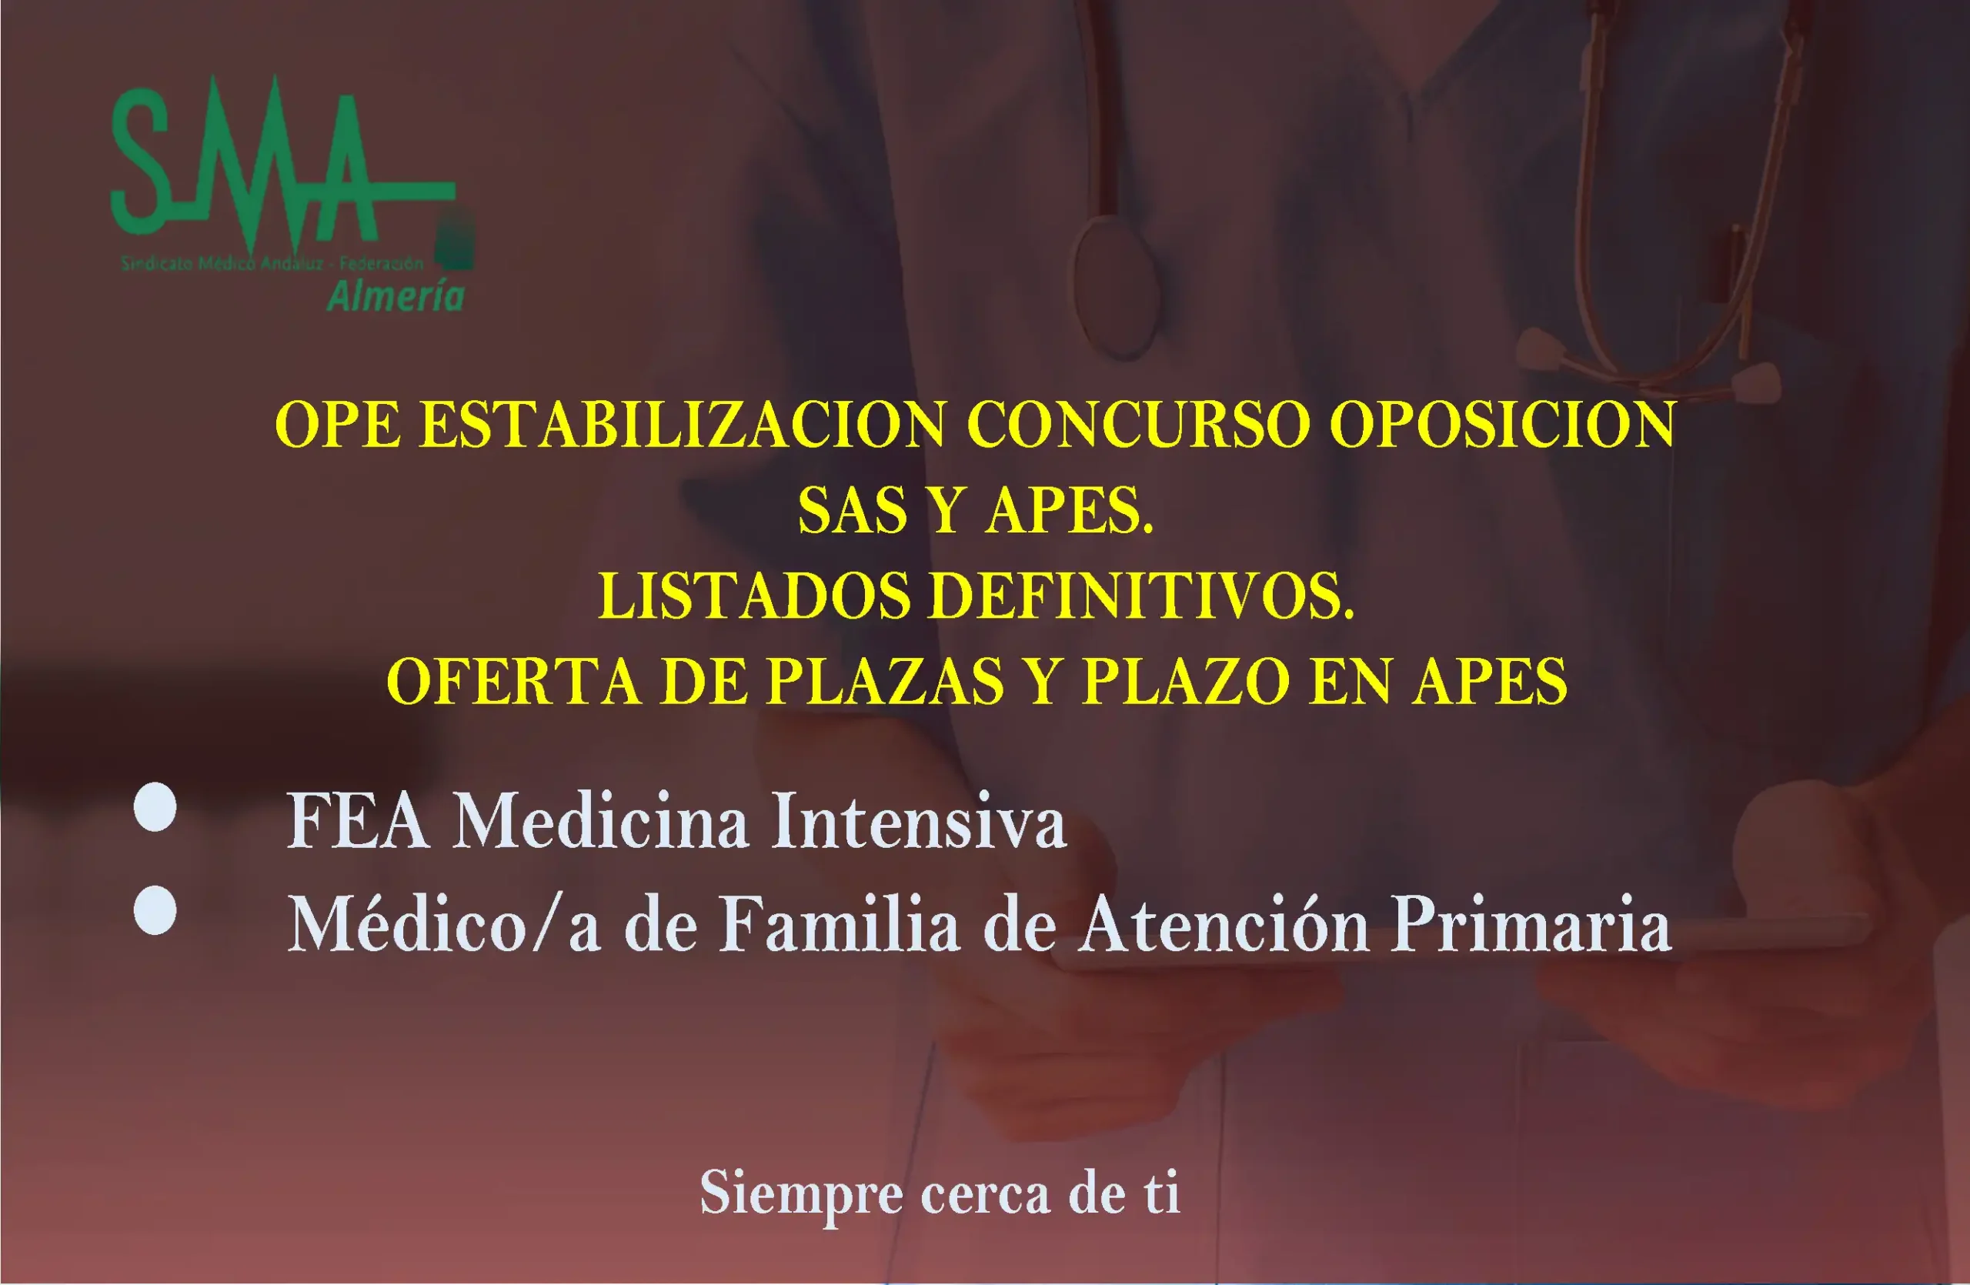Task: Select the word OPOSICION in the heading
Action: (x=1502, y=426)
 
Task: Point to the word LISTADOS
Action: (x=753, y=596)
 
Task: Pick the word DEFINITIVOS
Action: (x=1141, y=596)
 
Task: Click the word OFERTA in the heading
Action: (x=513, y=682)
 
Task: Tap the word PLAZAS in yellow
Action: (x=885, y=682)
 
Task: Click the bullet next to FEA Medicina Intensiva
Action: (x=155, y=808)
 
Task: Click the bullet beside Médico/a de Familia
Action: (x=155, y=911)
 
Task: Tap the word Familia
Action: (x=840, y=925)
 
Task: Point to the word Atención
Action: (x=1225, y=925)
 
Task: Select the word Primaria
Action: (x=1531, y=925)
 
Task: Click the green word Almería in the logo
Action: (x=396, y=296)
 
